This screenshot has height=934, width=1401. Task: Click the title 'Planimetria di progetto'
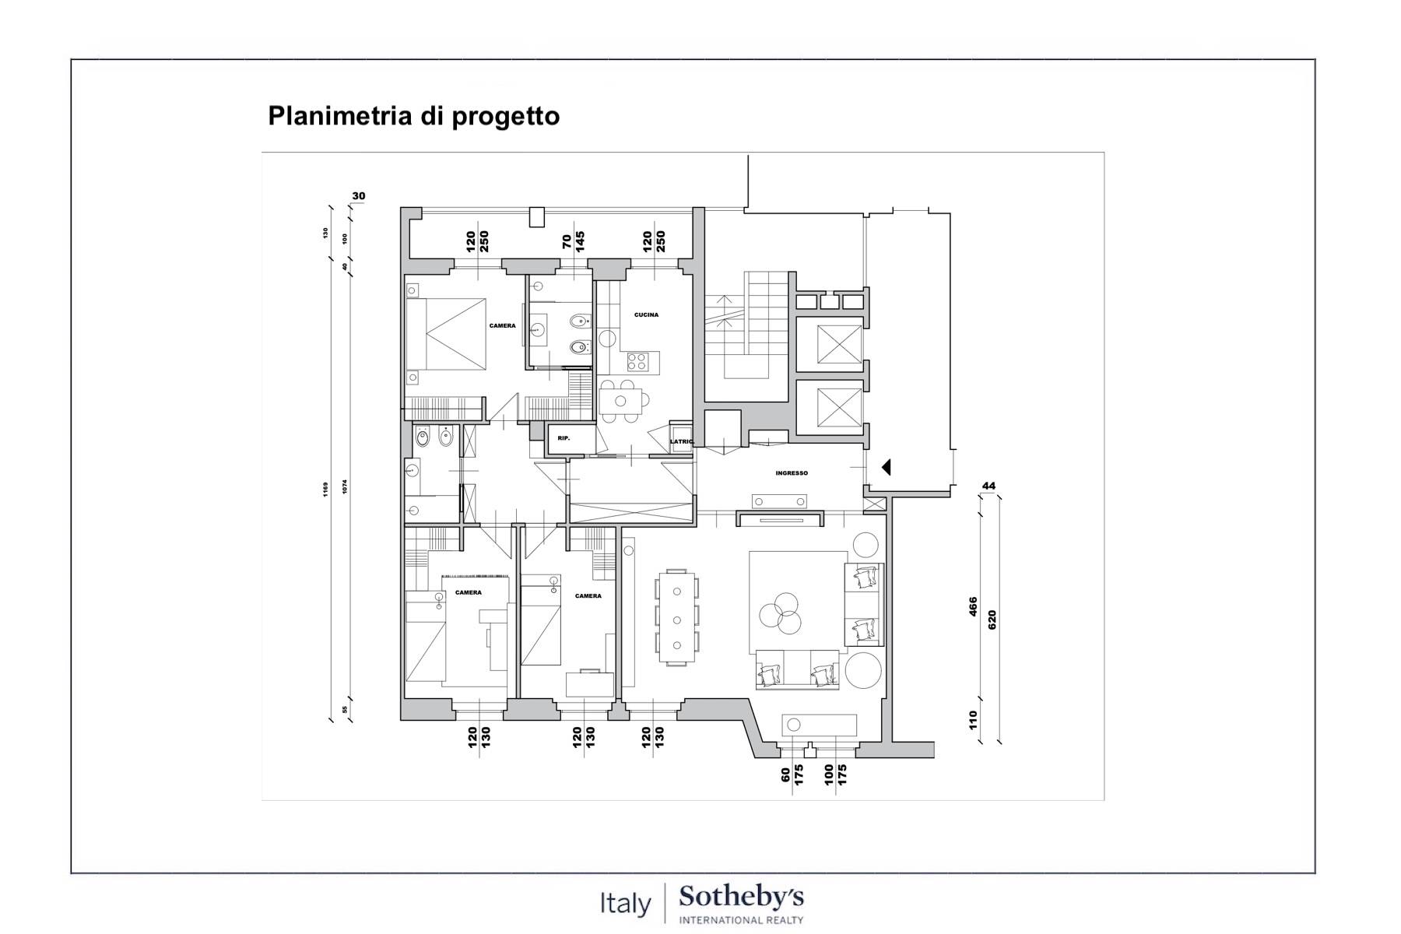(x=413, y=116)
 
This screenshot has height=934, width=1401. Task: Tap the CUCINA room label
(x=646, y=315)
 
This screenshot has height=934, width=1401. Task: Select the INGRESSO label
(x=792, y=473)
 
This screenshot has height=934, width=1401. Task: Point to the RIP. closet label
(x=564, y=438)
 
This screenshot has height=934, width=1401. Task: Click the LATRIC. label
(x=682, y=442)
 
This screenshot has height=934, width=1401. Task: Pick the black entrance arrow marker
(x=885, y=467)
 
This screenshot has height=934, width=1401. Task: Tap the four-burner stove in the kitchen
(x=637, y=362)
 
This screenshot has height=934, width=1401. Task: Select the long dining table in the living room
(x=676, y=618)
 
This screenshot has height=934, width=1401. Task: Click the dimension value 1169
(x=326, y=489)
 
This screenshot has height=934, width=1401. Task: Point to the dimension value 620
(x=992, y=620)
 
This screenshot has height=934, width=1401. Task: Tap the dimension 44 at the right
(x=988, y=486)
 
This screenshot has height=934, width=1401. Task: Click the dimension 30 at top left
(x=358, y=196)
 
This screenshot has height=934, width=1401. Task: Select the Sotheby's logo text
(x=741, y=897)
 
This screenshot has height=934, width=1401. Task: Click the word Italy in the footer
(x=625, y=904)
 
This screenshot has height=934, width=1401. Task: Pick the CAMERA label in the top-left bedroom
(x=502, y=326)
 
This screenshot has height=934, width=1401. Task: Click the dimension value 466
(x=973, y=606)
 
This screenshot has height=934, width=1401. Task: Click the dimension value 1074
(x=345, y=486)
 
